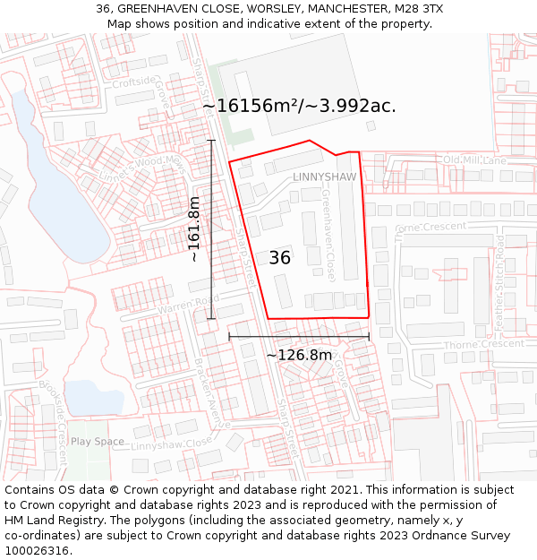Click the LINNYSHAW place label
(324, 177)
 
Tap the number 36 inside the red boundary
(279, 258)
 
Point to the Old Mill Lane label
(474, 160)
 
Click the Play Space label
(98, 442)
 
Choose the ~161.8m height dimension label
(194, 229)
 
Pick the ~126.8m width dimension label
(299, 355)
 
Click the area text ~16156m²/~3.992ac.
(299, 106)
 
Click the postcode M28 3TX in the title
(418, 9)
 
